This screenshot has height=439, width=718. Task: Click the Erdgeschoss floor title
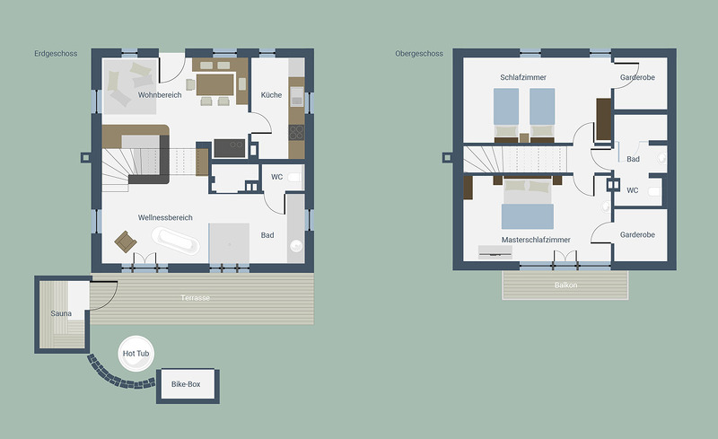pyautogui.click(x=56, y=54)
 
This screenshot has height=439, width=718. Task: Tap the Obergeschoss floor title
pyautogui.click(x=419, y=54)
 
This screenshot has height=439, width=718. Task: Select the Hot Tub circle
pyautogui.click(x=136, y=354)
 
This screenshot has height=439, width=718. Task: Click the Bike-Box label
pyautogui.click(x=186, y=384)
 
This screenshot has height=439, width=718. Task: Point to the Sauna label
pyautogui.click(x=61, y=313)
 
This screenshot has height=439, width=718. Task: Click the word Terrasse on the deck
pyautogui.click(x=195, y=298)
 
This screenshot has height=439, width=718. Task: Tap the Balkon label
pyautogui.click(x=565, y=285)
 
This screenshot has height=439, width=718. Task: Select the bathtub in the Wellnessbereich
pyautogui.click(x=175, y=240)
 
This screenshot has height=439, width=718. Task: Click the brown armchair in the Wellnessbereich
pyautogui.click(x=126, y=241)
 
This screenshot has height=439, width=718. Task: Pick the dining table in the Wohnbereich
pyautogui.click(x=215, y=84)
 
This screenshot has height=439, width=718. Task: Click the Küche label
pyautogui.click(x=271, y=95)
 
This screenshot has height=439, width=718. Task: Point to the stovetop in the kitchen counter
pyautogui.click(x=296, y=133)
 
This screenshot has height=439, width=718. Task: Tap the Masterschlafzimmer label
pyautogui.click(x=536, y=240)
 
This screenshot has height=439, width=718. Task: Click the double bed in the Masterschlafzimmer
pyautogui.click(x=528, y=204)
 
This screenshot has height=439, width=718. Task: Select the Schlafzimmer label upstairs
pyautogui.click(x=523, y=77)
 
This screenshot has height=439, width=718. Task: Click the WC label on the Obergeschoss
pyautogui.click(x=633, y=190)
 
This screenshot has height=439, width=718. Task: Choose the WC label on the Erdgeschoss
pyautogui.click(x=276, y=177)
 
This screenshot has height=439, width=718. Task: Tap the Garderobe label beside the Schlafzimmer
pyautogui.click(x=637, y=77)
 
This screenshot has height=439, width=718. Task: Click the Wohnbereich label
pyautogui.click(x=160, y=95)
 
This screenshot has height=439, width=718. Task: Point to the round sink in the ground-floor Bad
pyautogui.click(x=296, y=246)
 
